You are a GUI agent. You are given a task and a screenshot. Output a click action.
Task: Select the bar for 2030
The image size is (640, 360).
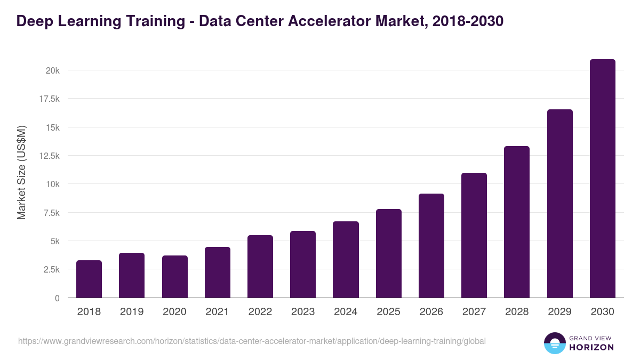click(602, 179)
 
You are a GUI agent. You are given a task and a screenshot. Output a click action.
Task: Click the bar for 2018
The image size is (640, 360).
click(89, 279)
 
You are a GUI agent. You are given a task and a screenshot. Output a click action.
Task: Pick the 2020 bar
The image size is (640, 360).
click(175, 277)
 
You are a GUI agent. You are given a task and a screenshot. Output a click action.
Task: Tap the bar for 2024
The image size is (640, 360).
click(346, 260)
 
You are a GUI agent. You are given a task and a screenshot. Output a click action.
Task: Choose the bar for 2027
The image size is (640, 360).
click(474, 235)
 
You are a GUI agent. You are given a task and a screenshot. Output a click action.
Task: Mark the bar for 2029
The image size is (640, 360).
click(559, 204)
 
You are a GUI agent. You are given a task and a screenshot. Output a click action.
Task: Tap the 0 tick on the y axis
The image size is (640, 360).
click(57, 298)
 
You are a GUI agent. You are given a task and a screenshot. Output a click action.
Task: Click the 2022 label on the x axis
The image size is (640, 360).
click(260, 312)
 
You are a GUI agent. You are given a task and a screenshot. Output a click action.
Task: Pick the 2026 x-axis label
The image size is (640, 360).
click(431, 312)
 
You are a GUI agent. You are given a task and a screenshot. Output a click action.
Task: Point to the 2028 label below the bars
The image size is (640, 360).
click(517, 312)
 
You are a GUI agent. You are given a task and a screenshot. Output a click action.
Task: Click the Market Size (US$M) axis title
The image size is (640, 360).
click(21, 173)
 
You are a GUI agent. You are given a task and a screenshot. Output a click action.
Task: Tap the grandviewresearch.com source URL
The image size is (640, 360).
click(252, 341)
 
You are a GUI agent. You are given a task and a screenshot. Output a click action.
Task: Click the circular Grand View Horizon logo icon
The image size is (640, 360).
click(555, 343)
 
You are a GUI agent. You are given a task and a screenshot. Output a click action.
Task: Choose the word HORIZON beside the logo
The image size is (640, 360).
click(592, 347)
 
